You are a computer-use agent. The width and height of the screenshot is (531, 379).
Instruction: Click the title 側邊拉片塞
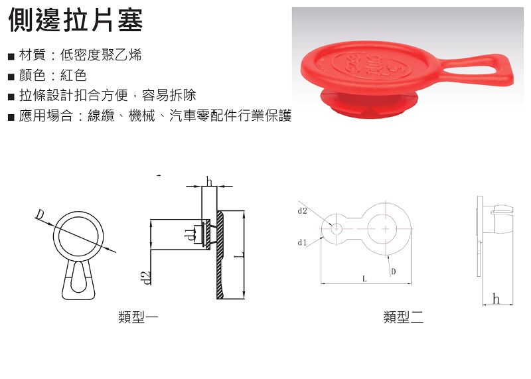[x=75, y=20]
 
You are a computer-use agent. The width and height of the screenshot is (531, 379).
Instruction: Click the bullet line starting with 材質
[x=74, y=55]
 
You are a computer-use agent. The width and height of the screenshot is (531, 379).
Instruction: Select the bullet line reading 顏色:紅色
[x=47, y=75]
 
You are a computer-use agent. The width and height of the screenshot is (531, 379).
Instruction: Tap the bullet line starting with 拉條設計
[x=102, y=95]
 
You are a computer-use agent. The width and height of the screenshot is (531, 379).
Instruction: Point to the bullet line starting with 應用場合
[x=150, y=115]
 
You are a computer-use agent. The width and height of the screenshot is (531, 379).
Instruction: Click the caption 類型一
[x=138, y=317]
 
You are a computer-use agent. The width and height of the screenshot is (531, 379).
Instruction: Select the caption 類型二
[x=404, y=317]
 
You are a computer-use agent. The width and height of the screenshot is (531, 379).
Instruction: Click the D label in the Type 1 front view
[x=40, y=214]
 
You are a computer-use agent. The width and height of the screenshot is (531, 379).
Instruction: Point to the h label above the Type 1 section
[x=209, y=181]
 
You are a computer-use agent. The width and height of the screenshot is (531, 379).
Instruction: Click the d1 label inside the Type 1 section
[x=190, y=234]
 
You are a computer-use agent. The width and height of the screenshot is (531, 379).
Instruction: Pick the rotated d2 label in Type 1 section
[x=146, y=277]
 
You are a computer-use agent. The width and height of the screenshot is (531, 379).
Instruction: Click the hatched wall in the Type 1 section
[x=220, y=255]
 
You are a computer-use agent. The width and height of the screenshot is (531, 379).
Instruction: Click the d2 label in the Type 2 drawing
[x=303, y=211]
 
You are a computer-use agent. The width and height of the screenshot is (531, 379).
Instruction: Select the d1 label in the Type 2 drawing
[x=302, y=242]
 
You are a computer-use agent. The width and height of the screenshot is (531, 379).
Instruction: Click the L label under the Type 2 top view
[x=364, y=279]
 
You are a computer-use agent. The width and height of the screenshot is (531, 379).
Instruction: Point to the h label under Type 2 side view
[x=496, y=299]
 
